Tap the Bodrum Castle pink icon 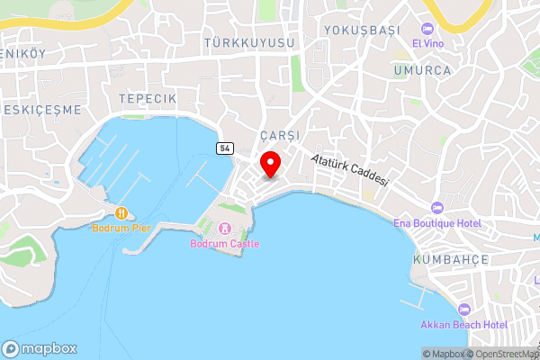[224, 229]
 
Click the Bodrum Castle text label [224, 244]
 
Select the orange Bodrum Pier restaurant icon [121, 213]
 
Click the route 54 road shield [224, 147]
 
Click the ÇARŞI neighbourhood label [277, 134]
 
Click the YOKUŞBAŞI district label [362, 30]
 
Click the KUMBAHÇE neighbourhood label [450, 259]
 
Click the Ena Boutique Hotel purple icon [436, 207]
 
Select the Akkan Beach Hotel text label [464, 324]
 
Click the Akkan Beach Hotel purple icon [464, 309]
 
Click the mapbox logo [40, 348]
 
